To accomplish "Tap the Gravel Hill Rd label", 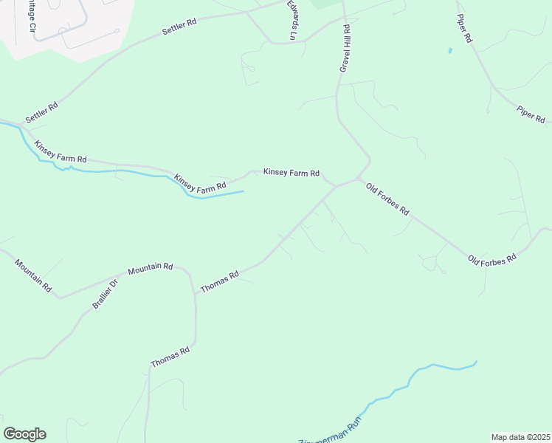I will click(344, 49).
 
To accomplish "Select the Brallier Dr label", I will click(105, 293).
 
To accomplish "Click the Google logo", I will click(24, 434).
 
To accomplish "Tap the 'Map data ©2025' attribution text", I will click(520, 436).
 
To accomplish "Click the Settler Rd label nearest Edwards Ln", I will click(180, 28).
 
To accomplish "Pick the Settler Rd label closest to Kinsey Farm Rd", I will click(41, 112).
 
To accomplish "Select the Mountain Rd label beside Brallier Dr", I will click(150, 269).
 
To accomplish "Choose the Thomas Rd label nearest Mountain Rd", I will click(219, 281).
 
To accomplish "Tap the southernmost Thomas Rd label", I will click(170, 358).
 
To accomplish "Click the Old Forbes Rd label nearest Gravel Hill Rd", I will click(387, 198).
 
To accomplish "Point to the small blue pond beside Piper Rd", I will click(449, 51).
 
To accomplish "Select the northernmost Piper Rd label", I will click(463, 28).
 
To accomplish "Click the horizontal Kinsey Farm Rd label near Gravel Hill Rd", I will click(291, 173).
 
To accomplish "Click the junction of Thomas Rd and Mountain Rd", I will click(195, 292).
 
